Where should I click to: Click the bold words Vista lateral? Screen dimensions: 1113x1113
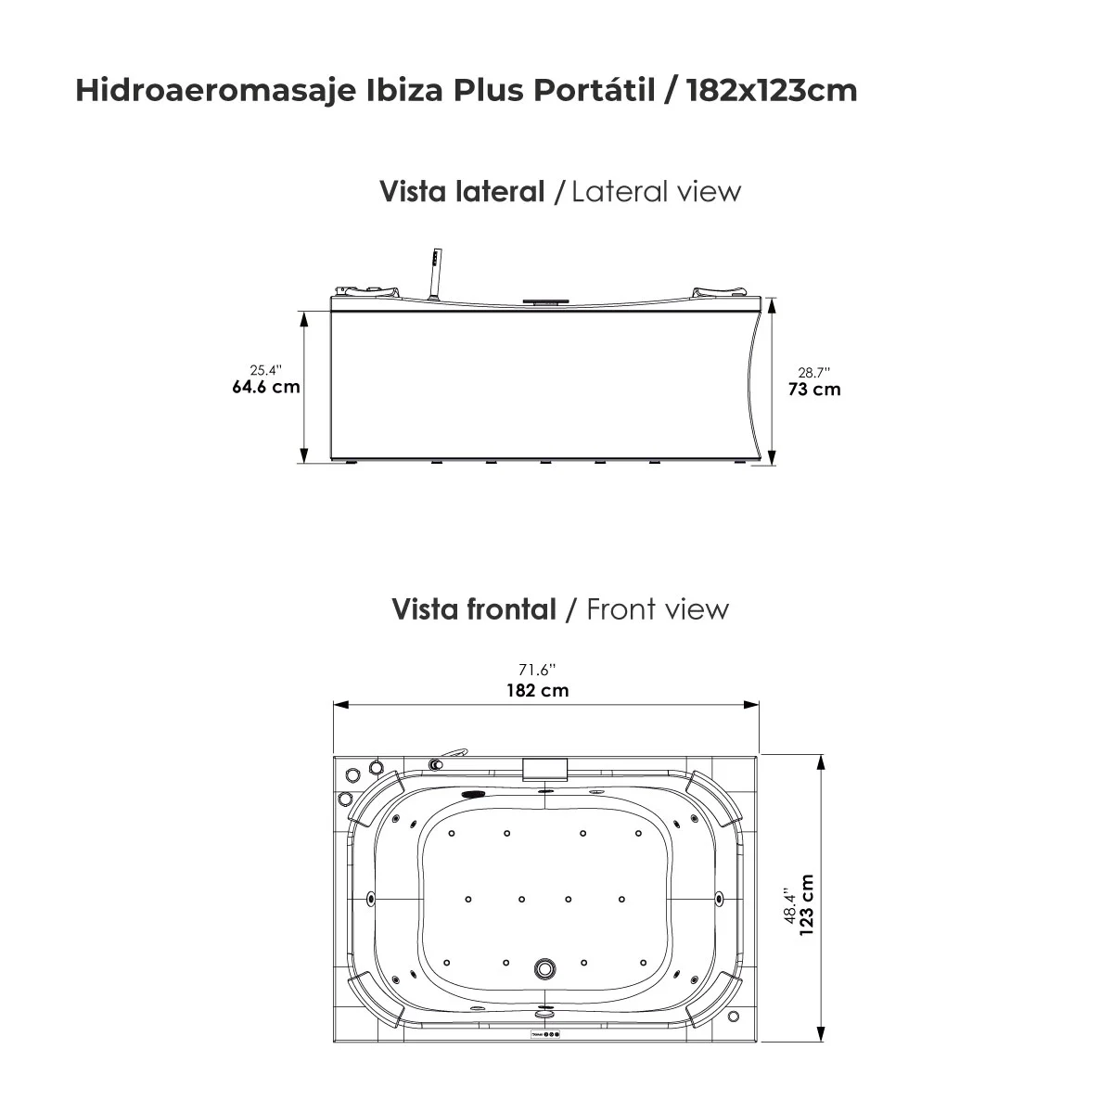click(x=462, y=192)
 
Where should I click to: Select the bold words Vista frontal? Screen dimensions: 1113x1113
click(x=474, y=609)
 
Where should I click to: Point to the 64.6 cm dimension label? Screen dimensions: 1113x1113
click(x=265, y=387)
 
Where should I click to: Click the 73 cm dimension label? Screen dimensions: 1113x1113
click(x=814, y=390)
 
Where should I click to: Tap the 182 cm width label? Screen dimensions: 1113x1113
click(x=538, y=690)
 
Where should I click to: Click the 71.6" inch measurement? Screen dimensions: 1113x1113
click(x=538, y=670)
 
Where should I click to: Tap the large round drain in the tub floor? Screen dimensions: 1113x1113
click(x=544, y=969)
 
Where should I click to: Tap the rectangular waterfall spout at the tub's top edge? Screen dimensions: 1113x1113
click(x=545, y=770)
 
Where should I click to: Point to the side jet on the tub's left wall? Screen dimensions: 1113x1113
click(x=372, y=898)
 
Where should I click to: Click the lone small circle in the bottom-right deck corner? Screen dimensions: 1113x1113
click(x=734, y=1016)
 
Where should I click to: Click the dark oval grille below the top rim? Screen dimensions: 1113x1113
click(x=476, y=794)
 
